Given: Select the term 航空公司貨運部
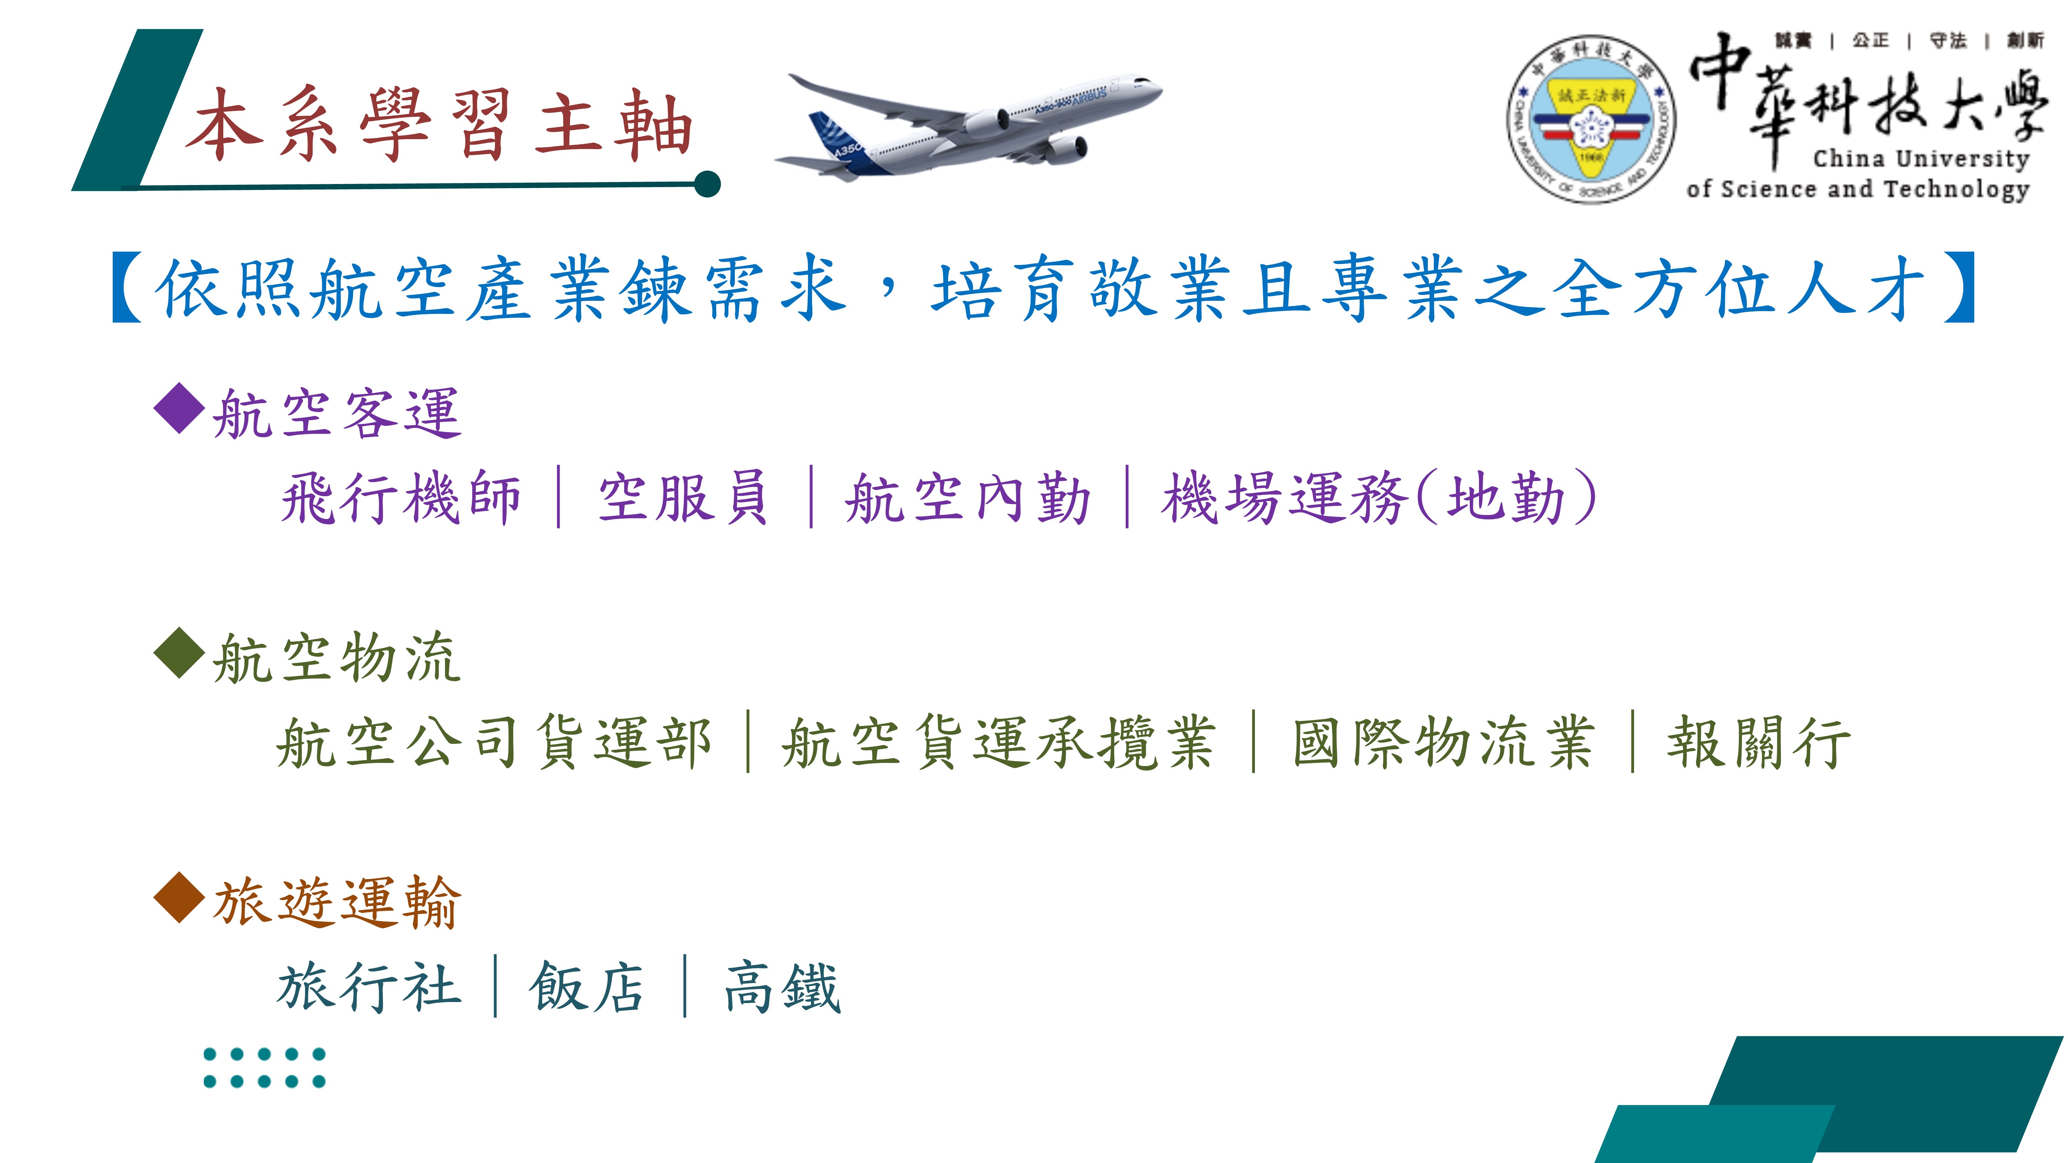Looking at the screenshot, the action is tap(494, 743).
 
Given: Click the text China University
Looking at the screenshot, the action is tap(1920, 159).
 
